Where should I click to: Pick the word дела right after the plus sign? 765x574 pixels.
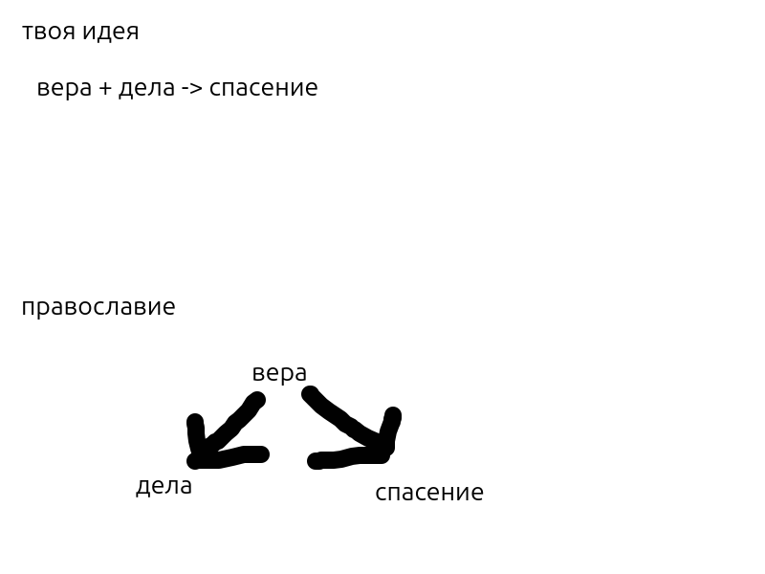pyautogui.click(x=146, y=89)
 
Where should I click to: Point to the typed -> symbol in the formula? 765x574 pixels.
pyautogui.click(x=191, y=89)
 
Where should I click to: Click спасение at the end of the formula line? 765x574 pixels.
pyautogui.click(x=263, y=89)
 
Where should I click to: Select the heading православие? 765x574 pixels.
pyautogui.click(x=98, y=308)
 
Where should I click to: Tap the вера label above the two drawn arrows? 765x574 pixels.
pyautogui.click(x=279, y=373)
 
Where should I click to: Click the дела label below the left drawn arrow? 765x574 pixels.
pyautogui.click(x=164, y=486)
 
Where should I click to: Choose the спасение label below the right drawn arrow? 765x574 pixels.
pyautogui.click(x=429, y=493)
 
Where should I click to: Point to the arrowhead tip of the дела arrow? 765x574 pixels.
pyautogui.click(x=196, y=460)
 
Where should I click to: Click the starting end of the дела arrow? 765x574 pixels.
pyautogui.click(x=256, y=400)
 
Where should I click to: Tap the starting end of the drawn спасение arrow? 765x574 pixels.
pyautogui.click(x=310, y=393)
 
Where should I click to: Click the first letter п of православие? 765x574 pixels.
pyautogui.click(x=27, y=308)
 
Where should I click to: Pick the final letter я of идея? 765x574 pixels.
pyautogui.click(x=133, y=33)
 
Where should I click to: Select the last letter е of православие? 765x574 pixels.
pyautogui.click(x=170, y=308)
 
